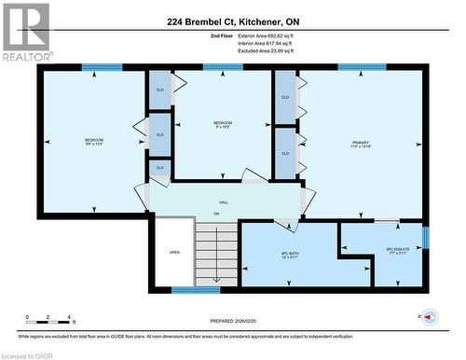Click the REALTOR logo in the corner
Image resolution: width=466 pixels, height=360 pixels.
pos(25,32)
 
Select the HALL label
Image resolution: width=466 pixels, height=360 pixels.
pos(224,202)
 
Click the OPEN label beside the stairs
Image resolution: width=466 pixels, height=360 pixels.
pos(174,252)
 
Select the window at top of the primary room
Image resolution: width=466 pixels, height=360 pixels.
pos(362,67)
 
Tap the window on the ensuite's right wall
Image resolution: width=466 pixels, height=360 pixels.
pos(425,237)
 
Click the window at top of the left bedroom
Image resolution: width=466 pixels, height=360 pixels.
pos(102,67)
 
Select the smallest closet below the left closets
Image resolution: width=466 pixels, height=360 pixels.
pos(159,168)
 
